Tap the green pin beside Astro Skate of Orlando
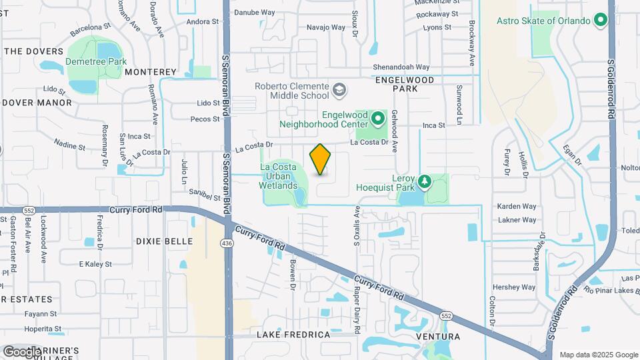[601, 21]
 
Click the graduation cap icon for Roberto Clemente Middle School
[340, 89]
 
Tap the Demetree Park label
[96, 62]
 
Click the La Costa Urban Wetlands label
[278, 176]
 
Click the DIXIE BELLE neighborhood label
[164, 241]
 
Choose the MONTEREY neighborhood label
[151, 72]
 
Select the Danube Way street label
[254, 12]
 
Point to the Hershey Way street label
[514, 287]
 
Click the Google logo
[22, 351]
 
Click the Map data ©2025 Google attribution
[598, 355]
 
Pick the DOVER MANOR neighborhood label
[37, 103]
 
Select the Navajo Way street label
[326, 27]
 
